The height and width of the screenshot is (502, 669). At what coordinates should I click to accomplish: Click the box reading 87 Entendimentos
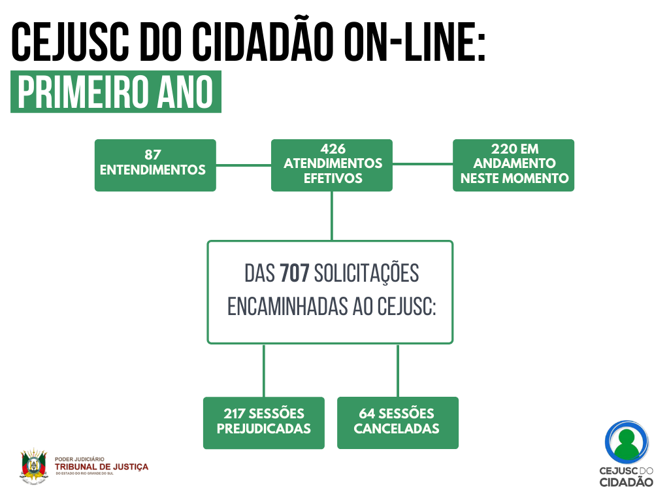point(155,165)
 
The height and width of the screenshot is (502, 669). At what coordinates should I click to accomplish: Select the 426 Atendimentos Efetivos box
point(332,165)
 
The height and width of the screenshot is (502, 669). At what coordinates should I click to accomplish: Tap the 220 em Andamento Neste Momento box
point(514,165)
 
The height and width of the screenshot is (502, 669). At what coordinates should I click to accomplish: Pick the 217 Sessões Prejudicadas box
point(263,422)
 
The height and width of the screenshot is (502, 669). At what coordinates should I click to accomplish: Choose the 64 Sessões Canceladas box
point(397,422)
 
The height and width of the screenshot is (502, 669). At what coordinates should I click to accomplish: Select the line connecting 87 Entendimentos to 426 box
point(243,165)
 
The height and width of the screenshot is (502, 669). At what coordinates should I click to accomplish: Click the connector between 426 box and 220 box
point(422,165)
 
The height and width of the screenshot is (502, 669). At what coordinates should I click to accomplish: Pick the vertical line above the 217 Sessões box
point(263,370)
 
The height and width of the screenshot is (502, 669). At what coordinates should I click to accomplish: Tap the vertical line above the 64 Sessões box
point(397,370)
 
